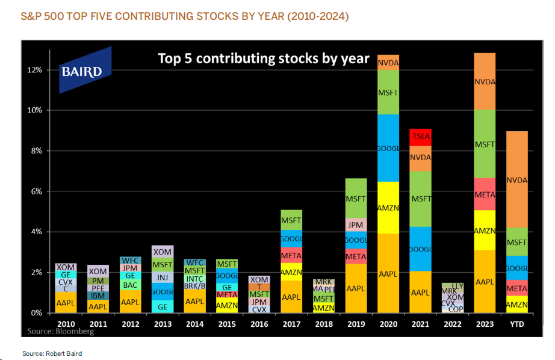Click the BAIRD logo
point(85,70)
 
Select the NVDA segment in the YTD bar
point(516,179)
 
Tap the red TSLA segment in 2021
point(420,137)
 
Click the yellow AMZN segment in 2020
point(388,207)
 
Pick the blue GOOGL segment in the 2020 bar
point(388,148)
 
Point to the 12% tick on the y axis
point(34,70)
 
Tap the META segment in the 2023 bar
point(485,194)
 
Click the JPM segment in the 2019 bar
point(355,225)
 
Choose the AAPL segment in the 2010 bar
point(65,303)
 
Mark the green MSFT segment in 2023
point(485,144)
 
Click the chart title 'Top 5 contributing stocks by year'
point(263,58)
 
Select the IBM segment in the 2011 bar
point(98,296)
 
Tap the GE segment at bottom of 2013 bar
point(162,306)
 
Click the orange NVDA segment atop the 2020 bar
point(388,62)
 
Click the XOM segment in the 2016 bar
point(258,280)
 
